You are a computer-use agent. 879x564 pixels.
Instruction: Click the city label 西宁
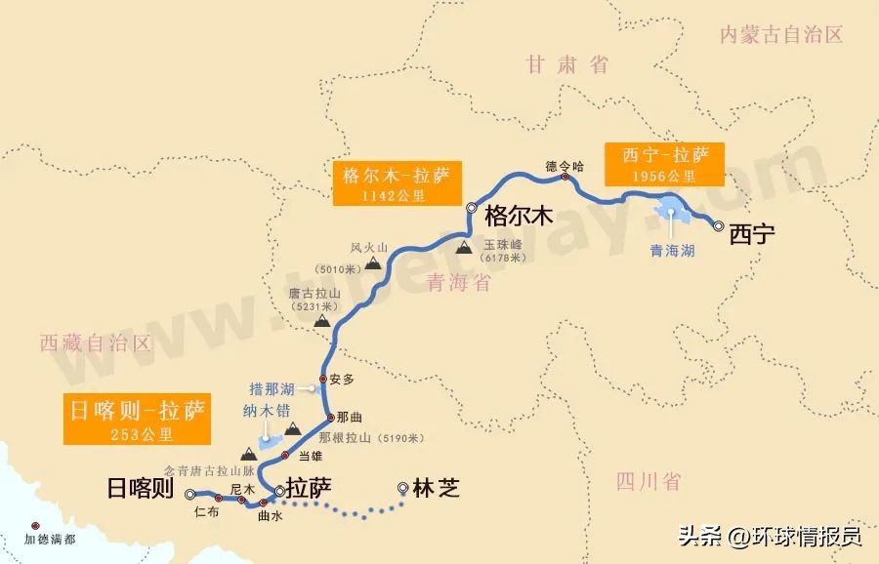752,235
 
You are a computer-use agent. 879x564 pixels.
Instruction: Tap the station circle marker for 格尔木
472,207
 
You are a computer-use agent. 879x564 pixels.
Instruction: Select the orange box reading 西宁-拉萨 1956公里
663,163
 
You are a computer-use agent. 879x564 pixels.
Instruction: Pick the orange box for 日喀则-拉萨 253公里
135,420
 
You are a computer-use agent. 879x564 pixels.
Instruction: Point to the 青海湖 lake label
673,251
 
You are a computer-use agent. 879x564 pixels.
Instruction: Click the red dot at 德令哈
565,178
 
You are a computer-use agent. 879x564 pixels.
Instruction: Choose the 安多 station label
341,379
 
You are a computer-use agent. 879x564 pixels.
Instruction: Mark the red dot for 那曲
328,417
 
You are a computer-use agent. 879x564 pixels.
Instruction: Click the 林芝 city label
435,488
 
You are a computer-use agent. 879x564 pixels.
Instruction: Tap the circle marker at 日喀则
189,495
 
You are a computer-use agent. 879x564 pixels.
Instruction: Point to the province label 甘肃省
567,65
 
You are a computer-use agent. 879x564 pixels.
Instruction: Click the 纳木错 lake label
262,412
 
